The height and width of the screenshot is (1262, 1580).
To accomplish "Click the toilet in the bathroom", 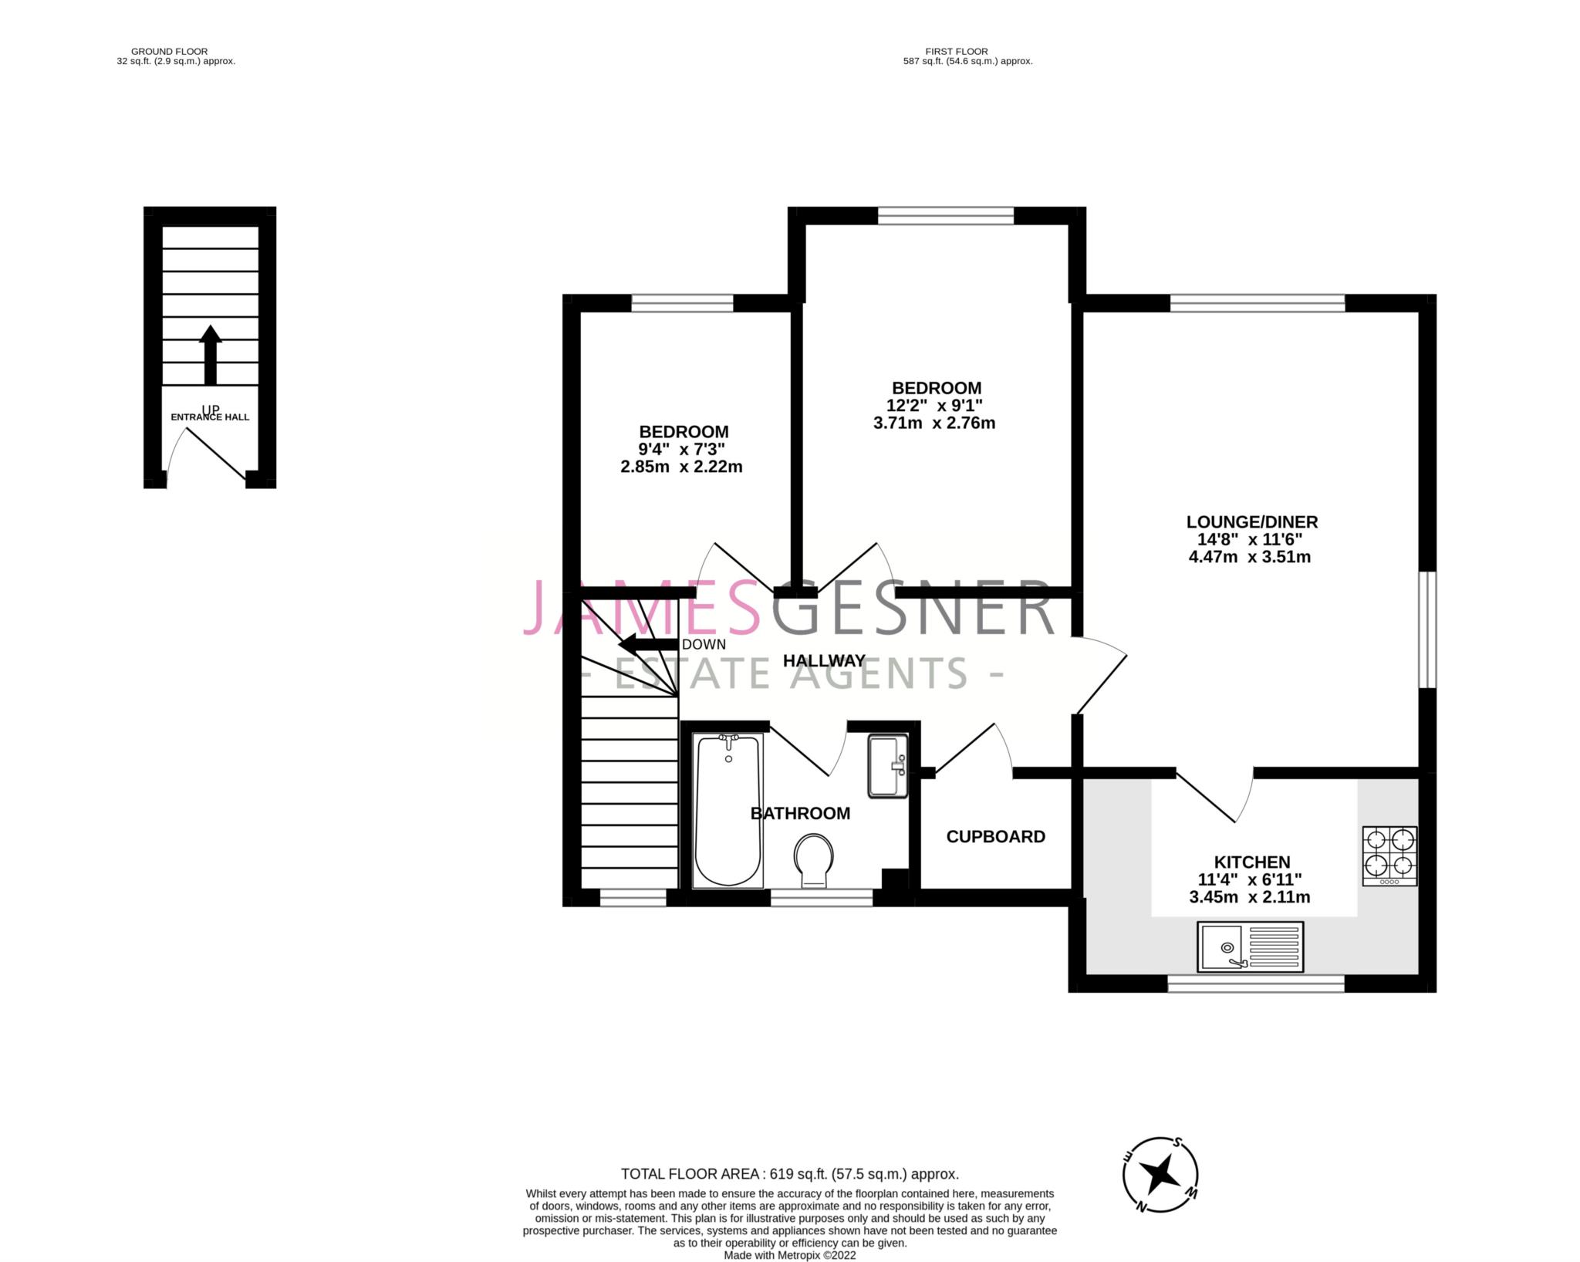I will (814, 859).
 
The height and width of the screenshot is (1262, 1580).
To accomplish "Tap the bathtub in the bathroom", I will (728, 810).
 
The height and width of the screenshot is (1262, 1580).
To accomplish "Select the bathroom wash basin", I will (888, 765).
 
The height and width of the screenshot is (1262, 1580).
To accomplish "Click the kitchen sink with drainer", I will (1250, 946).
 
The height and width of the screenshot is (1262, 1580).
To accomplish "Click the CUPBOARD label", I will (995, 837).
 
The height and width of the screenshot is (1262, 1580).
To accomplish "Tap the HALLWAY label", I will (824, 661).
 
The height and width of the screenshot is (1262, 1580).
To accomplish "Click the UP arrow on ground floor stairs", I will (210, 355).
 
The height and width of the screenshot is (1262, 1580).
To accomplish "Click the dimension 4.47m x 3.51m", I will (1250, 557).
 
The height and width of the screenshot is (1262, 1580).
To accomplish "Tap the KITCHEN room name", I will (1251, 862).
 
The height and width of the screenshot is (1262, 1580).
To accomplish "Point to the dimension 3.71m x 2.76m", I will (933, 423).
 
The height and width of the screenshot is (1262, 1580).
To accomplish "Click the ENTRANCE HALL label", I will (210, 417).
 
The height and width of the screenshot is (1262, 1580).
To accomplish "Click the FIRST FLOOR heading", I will (957, 52).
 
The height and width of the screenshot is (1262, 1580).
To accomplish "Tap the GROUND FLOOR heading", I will (169, 52).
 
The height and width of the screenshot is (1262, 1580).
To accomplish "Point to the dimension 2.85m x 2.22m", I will (681, 467).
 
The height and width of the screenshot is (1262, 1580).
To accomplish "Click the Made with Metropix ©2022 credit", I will (790, 1255).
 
